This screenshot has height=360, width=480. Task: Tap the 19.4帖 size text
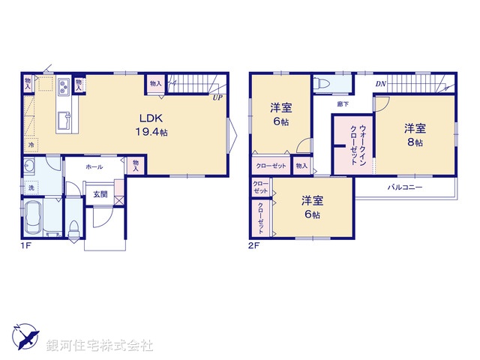click(150, 132)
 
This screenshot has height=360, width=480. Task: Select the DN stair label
click(380, 84)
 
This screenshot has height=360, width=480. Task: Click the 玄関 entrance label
click(100, 193)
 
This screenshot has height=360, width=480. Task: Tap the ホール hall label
click(94, 166)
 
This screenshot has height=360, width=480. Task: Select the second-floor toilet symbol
click(322, 84)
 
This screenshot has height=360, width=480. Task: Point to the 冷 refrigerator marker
click(32, 142)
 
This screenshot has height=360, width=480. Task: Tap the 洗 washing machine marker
click(31, 186)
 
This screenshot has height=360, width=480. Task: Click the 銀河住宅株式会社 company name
click(100, 346)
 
